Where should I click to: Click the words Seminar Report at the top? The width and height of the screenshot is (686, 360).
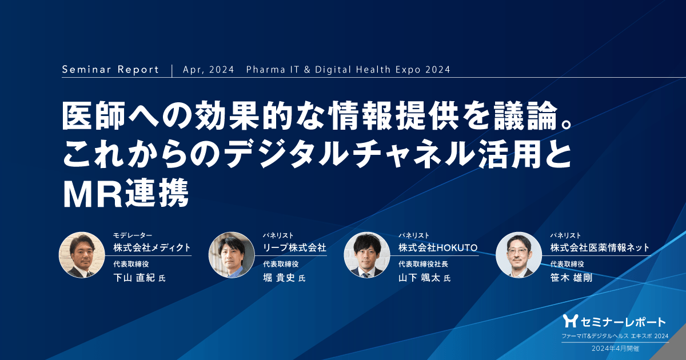[x=110, y=70]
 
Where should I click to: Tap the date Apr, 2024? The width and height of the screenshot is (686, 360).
[x=209, y=70]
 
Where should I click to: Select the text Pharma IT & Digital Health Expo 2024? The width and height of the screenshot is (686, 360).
[x=348, y=70]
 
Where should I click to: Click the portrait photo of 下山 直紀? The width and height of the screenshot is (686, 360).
[x=82, y=255]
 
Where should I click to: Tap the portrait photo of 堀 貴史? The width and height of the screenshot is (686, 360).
[x=232, y=255]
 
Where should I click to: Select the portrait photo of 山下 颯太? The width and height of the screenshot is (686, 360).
[x=367, y=255]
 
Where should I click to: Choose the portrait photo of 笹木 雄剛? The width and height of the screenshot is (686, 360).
[x=519, y=255]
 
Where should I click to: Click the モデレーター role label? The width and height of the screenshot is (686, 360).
[x=133, y=235]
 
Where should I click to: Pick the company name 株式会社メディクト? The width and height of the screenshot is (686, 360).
[x=151, y=247]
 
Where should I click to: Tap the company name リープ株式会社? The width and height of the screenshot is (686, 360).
[x=294, y=247]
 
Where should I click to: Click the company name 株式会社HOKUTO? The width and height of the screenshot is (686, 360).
[x=437, y=247]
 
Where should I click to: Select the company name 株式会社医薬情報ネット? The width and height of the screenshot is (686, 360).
[x=600, y=247]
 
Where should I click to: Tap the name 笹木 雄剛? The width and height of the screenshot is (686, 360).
[x=572, y=278]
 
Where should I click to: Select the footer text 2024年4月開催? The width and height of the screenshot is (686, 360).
[x=615, y=347]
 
